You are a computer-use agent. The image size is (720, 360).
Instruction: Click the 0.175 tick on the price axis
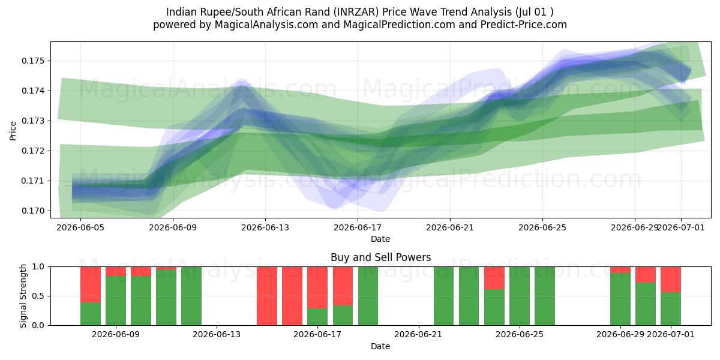click(33, 61)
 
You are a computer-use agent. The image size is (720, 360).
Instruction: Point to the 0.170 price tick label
click(33, 211)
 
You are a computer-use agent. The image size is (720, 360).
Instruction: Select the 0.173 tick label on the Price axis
click(33, 121)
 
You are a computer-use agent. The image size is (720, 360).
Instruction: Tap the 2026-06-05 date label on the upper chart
click(80, 228)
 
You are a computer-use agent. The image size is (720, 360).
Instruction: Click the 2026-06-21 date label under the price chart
click(450, 228)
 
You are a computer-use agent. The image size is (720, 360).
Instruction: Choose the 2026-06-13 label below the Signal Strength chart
click(217, 335)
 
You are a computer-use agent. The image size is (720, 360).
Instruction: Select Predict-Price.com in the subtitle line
click(524, 25)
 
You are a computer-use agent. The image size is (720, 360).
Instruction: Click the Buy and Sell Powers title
click(380, 257)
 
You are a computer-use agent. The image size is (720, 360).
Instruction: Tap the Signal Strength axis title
click(23, 296)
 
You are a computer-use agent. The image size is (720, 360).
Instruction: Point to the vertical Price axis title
click(13, 131)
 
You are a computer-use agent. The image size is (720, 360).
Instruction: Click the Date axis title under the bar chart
click(380, 346)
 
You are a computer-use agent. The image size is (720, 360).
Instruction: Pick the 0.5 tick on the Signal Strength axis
click(38, 296)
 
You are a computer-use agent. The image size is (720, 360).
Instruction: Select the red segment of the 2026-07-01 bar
click(671, 280)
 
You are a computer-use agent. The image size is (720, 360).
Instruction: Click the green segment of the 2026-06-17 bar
click(317, 317)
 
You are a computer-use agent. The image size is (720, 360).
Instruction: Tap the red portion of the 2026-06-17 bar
click(317, 287)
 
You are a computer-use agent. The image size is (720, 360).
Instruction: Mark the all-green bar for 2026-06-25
click(520, 296)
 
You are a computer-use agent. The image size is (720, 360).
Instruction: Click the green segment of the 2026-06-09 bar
click(116, 301)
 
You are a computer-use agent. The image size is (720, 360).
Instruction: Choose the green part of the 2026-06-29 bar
click(620, 299)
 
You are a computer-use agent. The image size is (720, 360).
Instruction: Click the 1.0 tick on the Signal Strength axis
click(38, 267)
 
